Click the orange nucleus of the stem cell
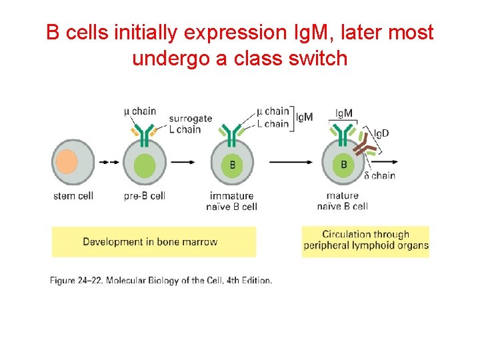click(x=67, y=161)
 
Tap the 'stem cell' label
click(x=73, y=196)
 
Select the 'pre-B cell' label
click(x=145, y=196)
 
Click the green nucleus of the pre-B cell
click(x=144, y=165)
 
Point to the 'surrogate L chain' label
click(x=190, y=124)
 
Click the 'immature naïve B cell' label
click(x=233, y=201)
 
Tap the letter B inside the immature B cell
click(x=232, y=164)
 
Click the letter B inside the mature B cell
click(x=344, y=164)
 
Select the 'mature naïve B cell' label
click(x=343, y=201)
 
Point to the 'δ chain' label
click(x=379, y=175)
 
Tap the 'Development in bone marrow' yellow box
click(x=153, y=241)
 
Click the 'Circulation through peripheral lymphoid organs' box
click(x=365, y=240)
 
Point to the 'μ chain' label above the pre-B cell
click(x=140, y=111)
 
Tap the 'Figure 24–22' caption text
click(x=161, y=280)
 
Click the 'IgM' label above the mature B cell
click(x=344, y=113)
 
